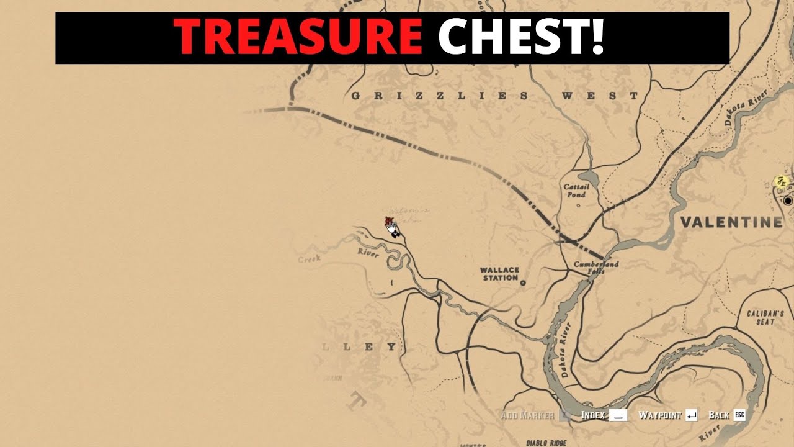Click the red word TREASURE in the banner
[297, 37]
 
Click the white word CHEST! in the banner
[520, 37]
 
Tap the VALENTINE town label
[731, 222]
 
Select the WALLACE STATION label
[499, 274]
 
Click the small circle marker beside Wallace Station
[523, 282]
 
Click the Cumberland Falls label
[595, 267]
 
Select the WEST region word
[599, 96]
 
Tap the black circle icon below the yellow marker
[788, 201]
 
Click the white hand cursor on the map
[392, 228]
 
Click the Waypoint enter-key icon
[692, 415]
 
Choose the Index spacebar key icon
[618, 415]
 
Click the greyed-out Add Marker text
[527, 415]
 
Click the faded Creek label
[309, 258]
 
